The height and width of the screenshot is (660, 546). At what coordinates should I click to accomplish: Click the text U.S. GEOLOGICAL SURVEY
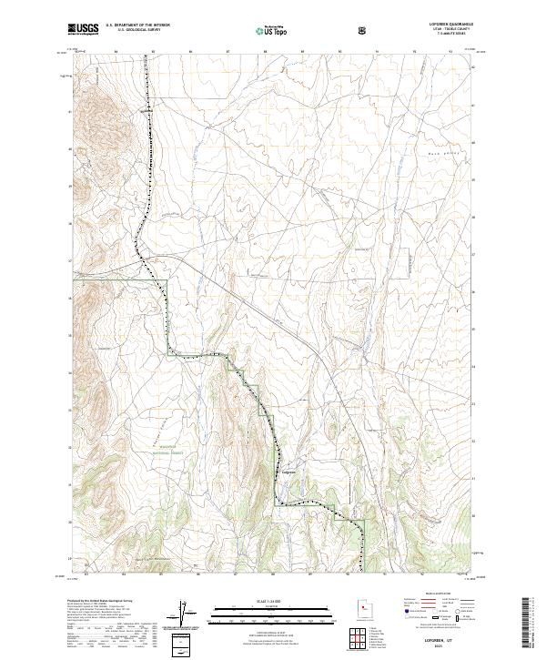coord(132,30)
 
